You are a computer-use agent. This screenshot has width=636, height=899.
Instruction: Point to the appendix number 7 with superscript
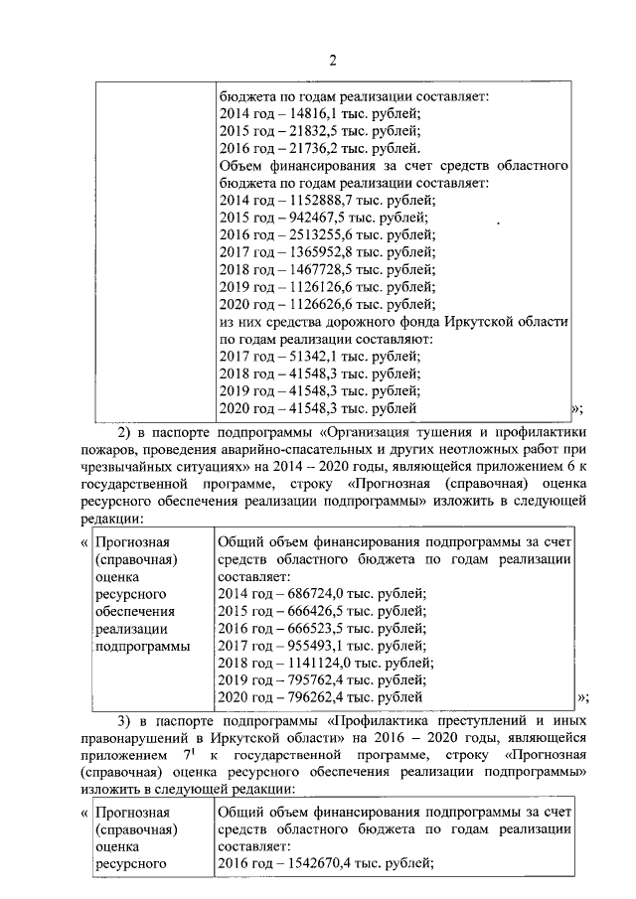click(x=186, y=754)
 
